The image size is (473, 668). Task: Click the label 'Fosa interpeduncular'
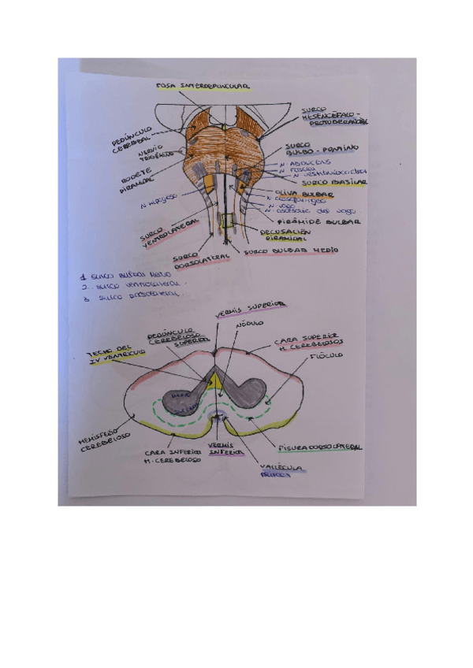point(203,84)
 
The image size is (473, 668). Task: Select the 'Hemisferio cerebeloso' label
point(102,441)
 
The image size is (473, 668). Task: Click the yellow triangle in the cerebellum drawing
point(215,381)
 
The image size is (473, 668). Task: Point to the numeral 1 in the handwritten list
point(84,277)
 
